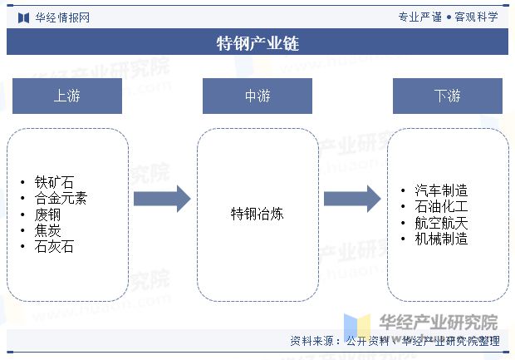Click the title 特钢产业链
click(x=257, y=43)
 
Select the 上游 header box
click(x=67, y=96)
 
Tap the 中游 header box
click(x=257, y=96)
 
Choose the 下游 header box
click(x=448, y=96)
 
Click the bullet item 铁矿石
click(x=54, y=182)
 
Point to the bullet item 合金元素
click(x=61, y=198)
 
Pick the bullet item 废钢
click(x=47, y=215)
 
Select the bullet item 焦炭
click(x=47, y=230)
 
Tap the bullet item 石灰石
click(x=54, y=247)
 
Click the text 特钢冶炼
click(x=257, y=214)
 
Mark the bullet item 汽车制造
click(x=441, y=190)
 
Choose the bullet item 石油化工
click(x=441, y=206)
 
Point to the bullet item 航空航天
click(x=441, y=223)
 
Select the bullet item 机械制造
click(x=441, y=239)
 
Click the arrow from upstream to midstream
click(x=162, y=199)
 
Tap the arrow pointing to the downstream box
click(x=352, y=199)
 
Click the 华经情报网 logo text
click(x=62, y=17)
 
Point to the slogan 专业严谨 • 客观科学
click(x=449, y=17)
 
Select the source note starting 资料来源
click(x=395, y=341)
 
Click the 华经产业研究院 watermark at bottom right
click(x=439, y=323)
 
